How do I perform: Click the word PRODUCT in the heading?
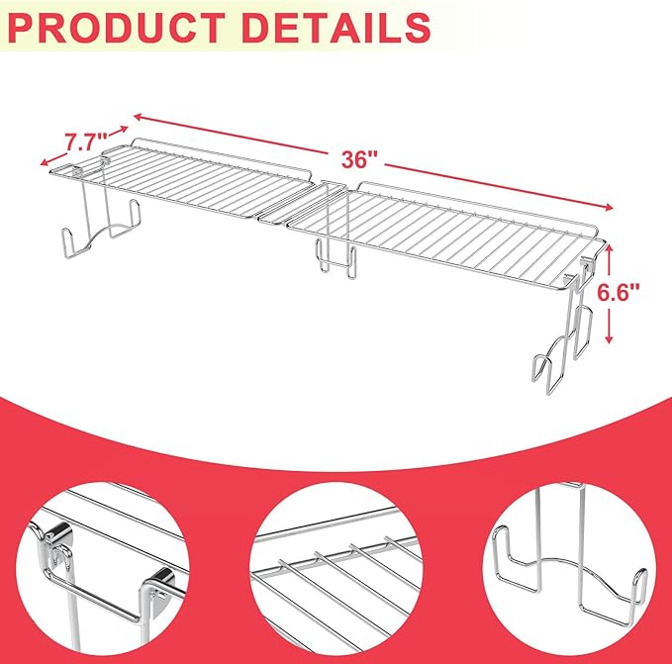pyautogui.click(x=116, y=28)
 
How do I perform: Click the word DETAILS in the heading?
pyautogui.click(x=336, y=28)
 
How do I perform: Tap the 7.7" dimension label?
pyautogui.click(x=86, y=142)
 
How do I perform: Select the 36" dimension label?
pyautogui.click(x=359, y=159)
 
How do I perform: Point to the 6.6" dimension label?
pyautogui.click(x=619, y=293)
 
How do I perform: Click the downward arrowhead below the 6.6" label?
pyautogui.click(x=609, y=338)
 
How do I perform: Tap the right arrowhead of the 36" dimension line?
pyautogui.click(x=609, y=208)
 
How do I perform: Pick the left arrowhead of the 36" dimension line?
pyautogui.click(x=138, y=116)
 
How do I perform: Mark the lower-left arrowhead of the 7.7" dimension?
pyautogui.click(x=45, y=161)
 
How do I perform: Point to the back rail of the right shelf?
pyautogui.click(x=476, y=205)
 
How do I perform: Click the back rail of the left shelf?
pyautogui.click(x=221, y=155)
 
